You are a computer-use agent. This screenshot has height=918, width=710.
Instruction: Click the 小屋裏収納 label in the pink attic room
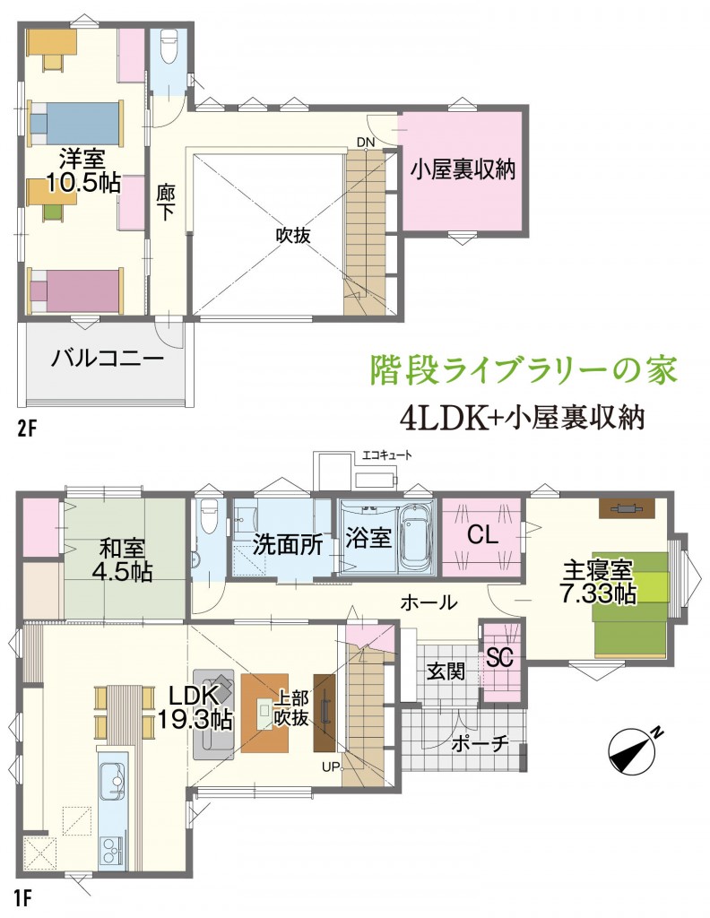(463, 169)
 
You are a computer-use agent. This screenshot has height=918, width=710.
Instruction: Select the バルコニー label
(107, 357)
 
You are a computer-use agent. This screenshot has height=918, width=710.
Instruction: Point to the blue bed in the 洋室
(75, 124)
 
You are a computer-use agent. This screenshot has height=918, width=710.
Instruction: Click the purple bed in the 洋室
(75, 290)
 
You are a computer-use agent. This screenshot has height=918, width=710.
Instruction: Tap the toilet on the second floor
(169, 48)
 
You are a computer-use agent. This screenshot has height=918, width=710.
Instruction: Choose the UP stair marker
(330, 766)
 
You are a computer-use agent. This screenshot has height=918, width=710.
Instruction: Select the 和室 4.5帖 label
(122, 560)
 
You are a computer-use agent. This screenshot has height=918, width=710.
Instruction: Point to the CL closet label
(482, 534)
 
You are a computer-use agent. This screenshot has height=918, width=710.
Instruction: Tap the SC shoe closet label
(500, 658)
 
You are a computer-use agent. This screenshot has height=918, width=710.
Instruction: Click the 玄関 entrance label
(446, 671)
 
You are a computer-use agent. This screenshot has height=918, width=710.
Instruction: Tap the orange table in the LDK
(264, 713)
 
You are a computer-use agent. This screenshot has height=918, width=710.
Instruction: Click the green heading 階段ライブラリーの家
(524, 370)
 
